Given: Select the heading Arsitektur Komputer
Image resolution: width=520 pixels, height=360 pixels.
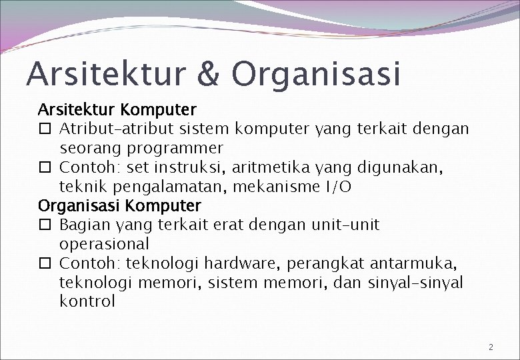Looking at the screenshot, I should [117, 108].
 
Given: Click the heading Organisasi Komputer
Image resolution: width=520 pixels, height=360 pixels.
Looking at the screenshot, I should [119, 205].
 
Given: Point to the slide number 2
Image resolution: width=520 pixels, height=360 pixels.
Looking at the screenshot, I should [491, 347].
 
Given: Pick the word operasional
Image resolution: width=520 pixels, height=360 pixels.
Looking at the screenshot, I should [104, 243].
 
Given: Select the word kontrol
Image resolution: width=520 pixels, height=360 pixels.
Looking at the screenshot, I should [87, 301].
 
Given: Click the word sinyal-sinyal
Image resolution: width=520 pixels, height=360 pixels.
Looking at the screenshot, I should [415, 282].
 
